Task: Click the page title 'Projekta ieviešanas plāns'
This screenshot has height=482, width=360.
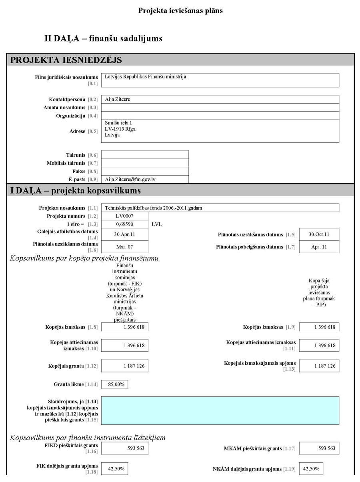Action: (180, 11)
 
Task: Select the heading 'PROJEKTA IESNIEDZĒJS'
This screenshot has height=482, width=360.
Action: (66, 60)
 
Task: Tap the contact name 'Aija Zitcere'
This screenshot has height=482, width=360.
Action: (118, 99)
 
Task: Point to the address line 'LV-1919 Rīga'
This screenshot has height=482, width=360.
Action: (120, 129)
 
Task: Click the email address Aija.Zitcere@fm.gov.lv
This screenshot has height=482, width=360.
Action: (130, 180)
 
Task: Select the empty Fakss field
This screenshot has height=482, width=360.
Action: (145, 171)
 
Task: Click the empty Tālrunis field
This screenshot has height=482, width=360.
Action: (145, 155)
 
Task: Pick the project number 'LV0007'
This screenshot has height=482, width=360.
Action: (124, 216)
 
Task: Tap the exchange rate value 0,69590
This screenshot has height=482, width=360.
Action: (124, 224)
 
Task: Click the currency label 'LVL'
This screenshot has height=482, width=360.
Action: (157, 224)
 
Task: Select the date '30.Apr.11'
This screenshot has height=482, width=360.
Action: (124, 234)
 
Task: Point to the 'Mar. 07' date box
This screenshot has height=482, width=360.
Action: (124, 247)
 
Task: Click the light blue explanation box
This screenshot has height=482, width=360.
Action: (220, 410)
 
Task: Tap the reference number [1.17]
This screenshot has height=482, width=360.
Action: (289, 449)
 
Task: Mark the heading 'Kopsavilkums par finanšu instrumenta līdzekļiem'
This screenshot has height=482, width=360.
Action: (88, 438)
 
